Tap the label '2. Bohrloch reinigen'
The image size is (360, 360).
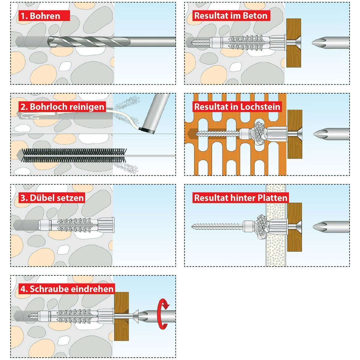coord(62,107)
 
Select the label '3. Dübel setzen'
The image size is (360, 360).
coord(52,198)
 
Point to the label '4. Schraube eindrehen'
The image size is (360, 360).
coord(67,289)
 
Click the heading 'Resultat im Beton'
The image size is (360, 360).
coord(230,16)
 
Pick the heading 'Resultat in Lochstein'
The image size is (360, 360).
coord(237,107)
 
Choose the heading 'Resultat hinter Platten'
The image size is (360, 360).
coord(241,198)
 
